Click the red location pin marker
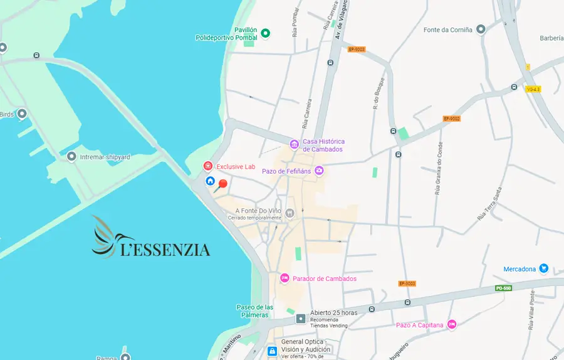(x=222, y=184)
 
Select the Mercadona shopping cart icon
(x=543, y=269)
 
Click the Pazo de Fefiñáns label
(x=287, y=171)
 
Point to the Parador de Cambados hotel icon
(x=285, y=278)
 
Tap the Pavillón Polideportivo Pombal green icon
(x=265, y=33)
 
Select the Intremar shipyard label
(x=105, y=157)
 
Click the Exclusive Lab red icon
(x=207, y=166)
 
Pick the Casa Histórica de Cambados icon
(x=294, y=145)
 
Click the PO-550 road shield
(x=503, y=288)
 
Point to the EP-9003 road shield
(x=357, y=49)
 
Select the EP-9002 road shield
(x=451, y=119)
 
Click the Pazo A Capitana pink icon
(x=452, y=325)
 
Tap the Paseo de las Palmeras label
(x=254, y=310)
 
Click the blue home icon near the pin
(x=211, y=181)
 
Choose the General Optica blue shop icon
(x=272, y=352)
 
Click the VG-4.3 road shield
(x=533, y=89)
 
